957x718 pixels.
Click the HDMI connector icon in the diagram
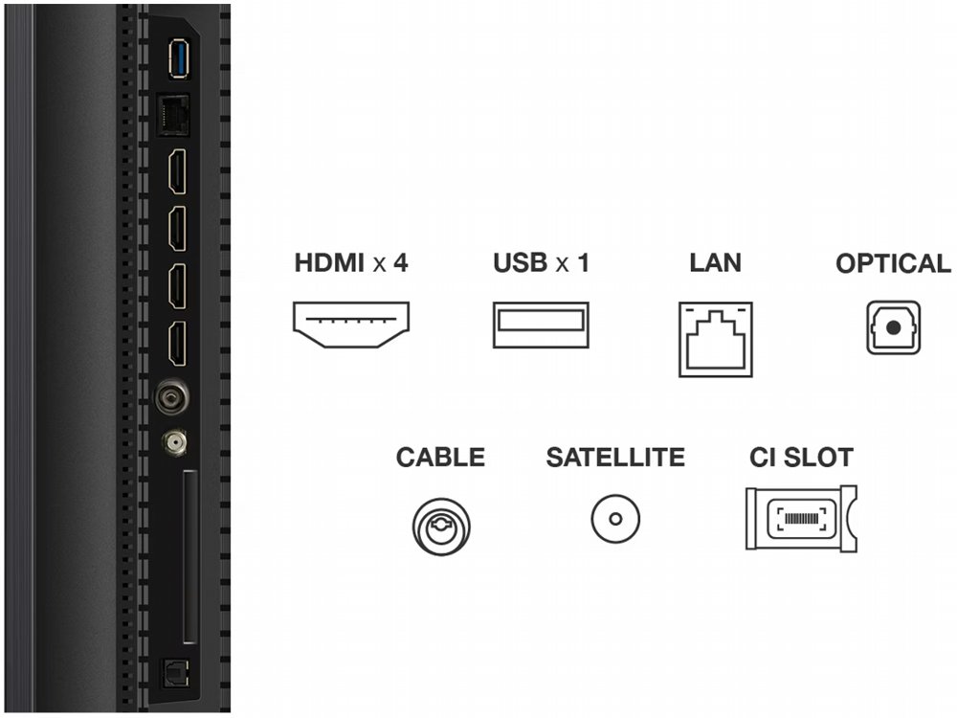(x=351, y=325)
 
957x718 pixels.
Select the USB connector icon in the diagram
(x=541, y=325)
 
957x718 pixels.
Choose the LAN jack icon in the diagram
(x=716, y=338)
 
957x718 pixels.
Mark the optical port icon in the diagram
(x=893, y=327)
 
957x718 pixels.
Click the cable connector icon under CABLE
(x=440, y=523)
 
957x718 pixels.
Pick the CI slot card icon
(x=800, y=519)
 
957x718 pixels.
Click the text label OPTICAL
(x=893, y=263)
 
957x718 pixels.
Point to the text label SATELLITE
(x=615, y=458)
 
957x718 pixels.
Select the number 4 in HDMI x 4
(x=401, y=262)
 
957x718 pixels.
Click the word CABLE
(x=440, y=458)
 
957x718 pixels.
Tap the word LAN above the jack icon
(x=715, y=262)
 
